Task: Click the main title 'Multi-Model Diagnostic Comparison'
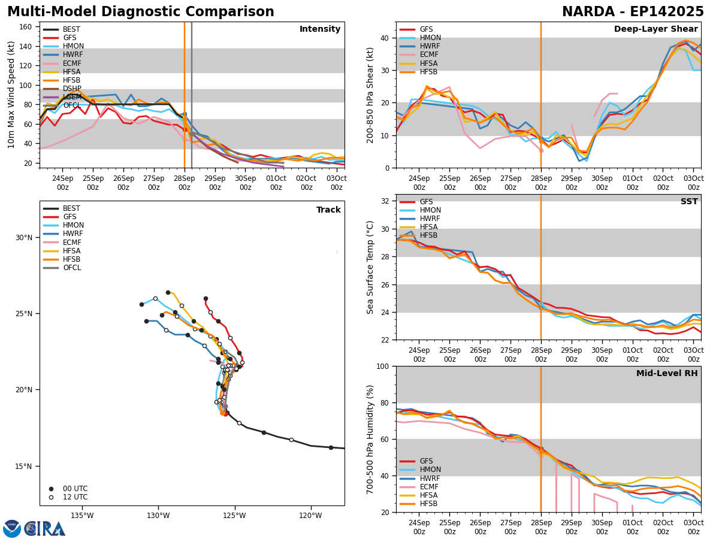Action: pyautogui.click(x=141, y=12)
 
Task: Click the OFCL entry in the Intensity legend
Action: pyautogui.click(x=71, y=105)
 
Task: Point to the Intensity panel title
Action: pyautogui.click(x=320, y=29)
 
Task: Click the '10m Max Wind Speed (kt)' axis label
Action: pyautogui.click(x=12, y=95)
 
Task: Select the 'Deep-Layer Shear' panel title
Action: pyautogui.click(x=655, y=29)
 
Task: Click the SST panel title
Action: pyautogui.click(x=689, y=202)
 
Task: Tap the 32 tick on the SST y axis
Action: pyautogui.click(x=386, y=201)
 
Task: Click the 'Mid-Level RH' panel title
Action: pyautogui.click(x=667, y=374)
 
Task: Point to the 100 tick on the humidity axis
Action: pyautogui.click(x=384, y=367)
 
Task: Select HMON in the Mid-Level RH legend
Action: pyautogui.click(x=430, y=470)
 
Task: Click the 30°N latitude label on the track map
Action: pyautogui.click(x=24, y=238)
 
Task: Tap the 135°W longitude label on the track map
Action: pyautogui.click(x=82, y=516)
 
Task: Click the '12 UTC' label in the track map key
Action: pyautogui.click(x=75, y=497)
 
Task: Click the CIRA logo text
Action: pyautogui.click(x=45, y=528)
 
